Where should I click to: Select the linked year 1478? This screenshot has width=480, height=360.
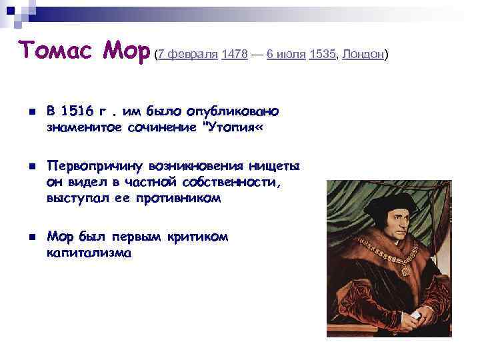pos(235,55)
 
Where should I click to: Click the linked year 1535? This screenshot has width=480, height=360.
pos(323,55)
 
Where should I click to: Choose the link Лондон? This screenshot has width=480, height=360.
pos(363,55)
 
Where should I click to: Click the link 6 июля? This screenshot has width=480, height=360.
pos(286,55)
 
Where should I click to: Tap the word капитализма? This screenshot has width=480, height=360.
pos(89,253)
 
